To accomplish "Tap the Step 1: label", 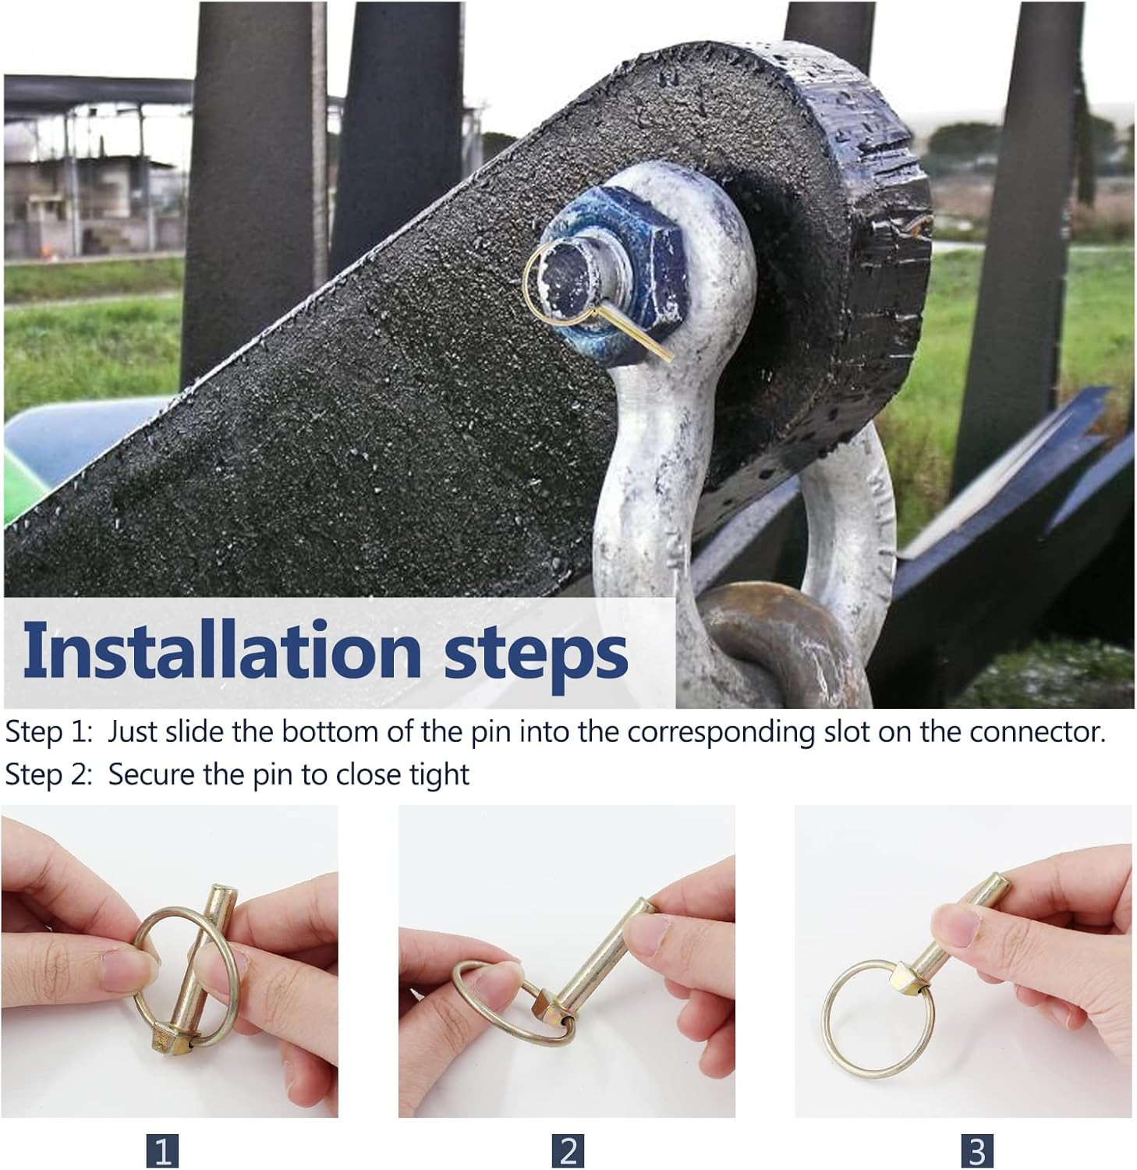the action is coord(50,732).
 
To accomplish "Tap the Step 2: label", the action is coord(50,775).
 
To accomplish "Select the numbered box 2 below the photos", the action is coord(568,1150).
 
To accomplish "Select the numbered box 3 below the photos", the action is coord(976,1150).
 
